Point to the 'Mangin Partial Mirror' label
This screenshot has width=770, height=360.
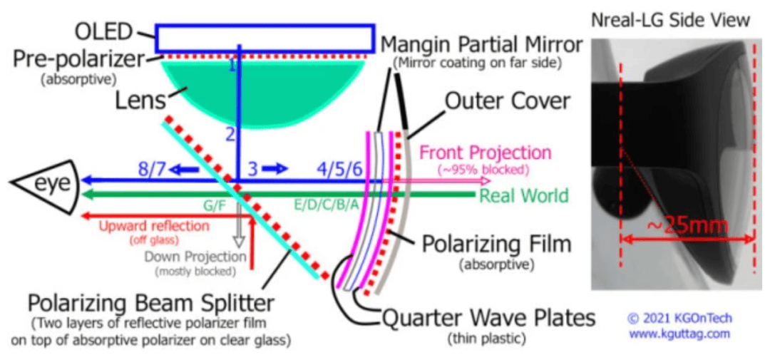(482, 46)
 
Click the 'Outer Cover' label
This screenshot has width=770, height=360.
(508, 102)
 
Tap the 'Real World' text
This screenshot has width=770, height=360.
(524, 196)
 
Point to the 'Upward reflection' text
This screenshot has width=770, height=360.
(154, 227)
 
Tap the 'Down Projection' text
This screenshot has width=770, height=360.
(196, 257)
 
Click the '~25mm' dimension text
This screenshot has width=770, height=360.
(685, 227)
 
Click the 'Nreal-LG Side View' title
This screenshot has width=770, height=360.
(671, 20)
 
